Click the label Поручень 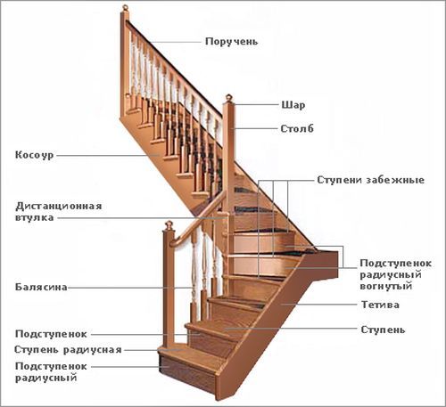click(231, 42)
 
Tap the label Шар click(293, 105)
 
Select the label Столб click(297, 129)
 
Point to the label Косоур click(35, 155)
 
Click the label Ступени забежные click(370, 180)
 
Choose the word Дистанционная click(59, 206)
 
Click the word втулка click(35, 217)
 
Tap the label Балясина click(41, 287)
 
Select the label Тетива click(380, 305)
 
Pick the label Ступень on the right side click(383, 330)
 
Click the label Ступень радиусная click(68, 350)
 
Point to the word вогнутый click(386, 286)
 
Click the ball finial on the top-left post click(125, 7)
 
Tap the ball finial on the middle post click(229, 97)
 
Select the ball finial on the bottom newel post click(169, 225)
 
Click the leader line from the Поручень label click(175, 42)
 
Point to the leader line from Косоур click(108, 155)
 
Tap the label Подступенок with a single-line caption click(51, 334)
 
